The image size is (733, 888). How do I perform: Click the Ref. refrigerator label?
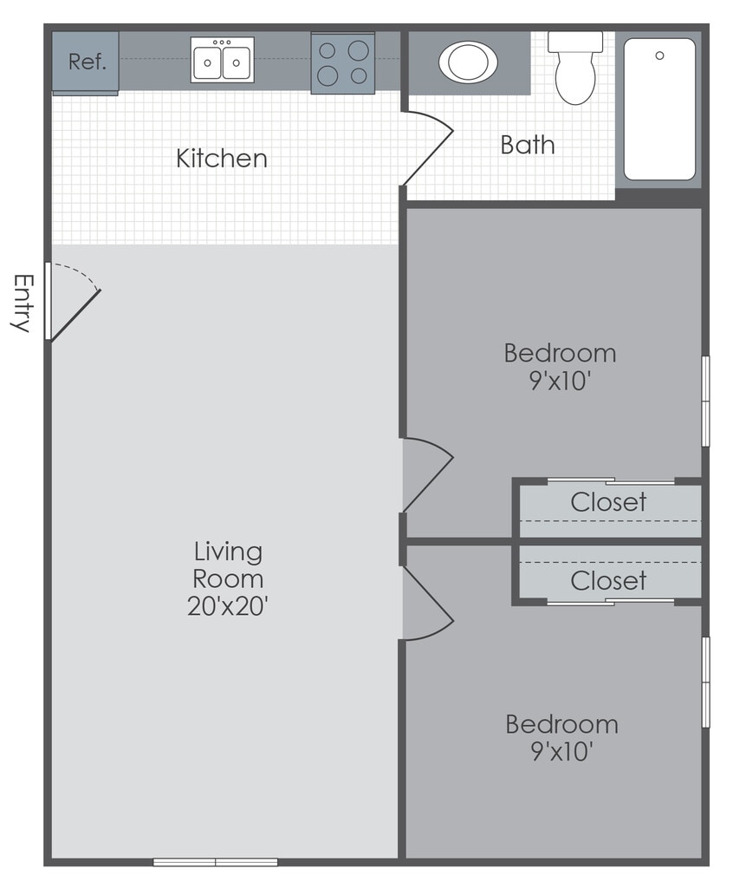pyautogui.click(x=88, y=62)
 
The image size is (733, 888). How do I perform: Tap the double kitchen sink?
pyautogui.click(x=222, y=60)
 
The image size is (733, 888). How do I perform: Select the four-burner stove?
pyautogui.click(x=343, y=62)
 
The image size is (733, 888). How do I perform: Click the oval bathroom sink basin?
pyautogui.click(x=468, y=62)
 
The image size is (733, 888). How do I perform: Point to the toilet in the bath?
pyautogui.click(x=575, y=68)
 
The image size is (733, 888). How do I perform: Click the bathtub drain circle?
pyautogui.click(x=659, y=55)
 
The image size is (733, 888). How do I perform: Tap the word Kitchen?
pyautogui.click(x=221, y=159)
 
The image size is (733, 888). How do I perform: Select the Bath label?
pyautogui.click(x=528, y=145)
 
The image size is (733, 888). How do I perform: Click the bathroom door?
pyautogui.click(x=428, y=148)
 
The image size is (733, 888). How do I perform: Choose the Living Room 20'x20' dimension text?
pyautogui.click(x=228, y=606)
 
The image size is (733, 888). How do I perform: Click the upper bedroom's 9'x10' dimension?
pyautogui.click(x=561, y=381)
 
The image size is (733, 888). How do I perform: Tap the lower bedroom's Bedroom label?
pyautogui.click(x=561, y=724)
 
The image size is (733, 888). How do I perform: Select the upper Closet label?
pyautogui.click(x=608, y=502)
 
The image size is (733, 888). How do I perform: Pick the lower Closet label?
pyautogui.click(x=608, y=580)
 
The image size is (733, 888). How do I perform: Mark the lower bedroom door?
pyautogui.click(x=428, y=604)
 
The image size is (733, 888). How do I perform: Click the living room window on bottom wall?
pyautogui.click(x=215, y=862)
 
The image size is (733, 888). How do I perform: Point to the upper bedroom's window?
pyautogui.click(x=706, y=401)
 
